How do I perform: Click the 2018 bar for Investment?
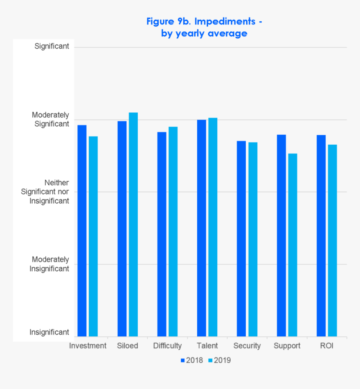click(x=82, y=230)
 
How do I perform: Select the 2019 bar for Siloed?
click(x=133, y=224)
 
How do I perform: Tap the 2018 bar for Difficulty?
click(x=162, y=234)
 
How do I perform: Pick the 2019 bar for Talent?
click(x=213, y=227)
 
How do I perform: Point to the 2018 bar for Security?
click(x=241, y=238)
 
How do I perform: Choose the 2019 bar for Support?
click(x=293, y=245)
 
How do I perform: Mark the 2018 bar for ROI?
click(x=321, y=235)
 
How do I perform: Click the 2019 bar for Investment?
click(x=93, y=236)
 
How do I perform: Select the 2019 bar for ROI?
click(x=332, y=241)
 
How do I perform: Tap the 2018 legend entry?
click(x=192, y=360)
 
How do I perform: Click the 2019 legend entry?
click(x=219, y=360)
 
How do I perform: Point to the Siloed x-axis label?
click(x=128, y=346)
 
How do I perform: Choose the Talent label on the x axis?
click(x=207, y=346)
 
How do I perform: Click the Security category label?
click(x=247, y=346)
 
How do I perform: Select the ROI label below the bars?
click(x=327, y=346)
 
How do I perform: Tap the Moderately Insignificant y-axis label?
click(x=49, y=264)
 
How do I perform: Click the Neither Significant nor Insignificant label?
click(x=45, y=192)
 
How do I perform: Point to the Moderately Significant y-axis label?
click(x=51, y=119)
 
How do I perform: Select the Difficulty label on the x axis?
click(x=167, y=346)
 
